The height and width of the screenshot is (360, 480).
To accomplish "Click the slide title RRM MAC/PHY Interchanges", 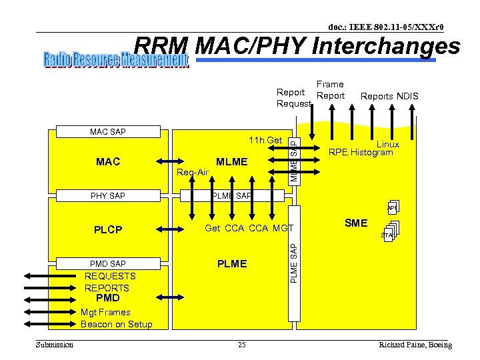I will (x=297, y=46).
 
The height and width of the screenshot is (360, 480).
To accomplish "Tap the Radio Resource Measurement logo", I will (x=116, y=61).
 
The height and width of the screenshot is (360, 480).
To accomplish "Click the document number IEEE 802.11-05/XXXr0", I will (x=385, y=27).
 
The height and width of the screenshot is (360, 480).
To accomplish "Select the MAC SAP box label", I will (x=108, y=132).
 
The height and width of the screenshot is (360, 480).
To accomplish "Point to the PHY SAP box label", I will (x=108, y=196).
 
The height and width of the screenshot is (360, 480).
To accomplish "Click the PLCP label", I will (x=108, y=229).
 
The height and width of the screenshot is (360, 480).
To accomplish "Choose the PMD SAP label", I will (x=108, y=264).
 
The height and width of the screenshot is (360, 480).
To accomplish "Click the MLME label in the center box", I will (x=231, y=161).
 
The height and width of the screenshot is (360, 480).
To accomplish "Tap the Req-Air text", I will (x=193, y=173).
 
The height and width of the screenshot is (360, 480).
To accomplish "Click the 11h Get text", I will (x=265, y=140).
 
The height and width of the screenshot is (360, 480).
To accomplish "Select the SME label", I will (x=355, y=223).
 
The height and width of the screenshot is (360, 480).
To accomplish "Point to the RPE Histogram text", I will (x=361, y=153).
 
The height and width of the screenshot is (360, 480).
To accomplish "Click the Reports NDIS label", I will (x=389, y=96).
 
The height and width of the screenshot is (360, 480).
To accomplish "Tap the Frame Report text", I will (x=330, y=90).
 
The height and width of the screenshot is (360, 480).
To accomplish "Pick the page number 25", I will (x=241, y=345).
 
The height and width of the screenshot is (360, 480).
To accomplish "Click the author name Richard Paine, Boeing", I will (x=415, y=345).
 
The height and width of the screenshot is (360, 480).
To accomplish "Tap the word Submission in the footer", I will (x=54, y=345).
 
